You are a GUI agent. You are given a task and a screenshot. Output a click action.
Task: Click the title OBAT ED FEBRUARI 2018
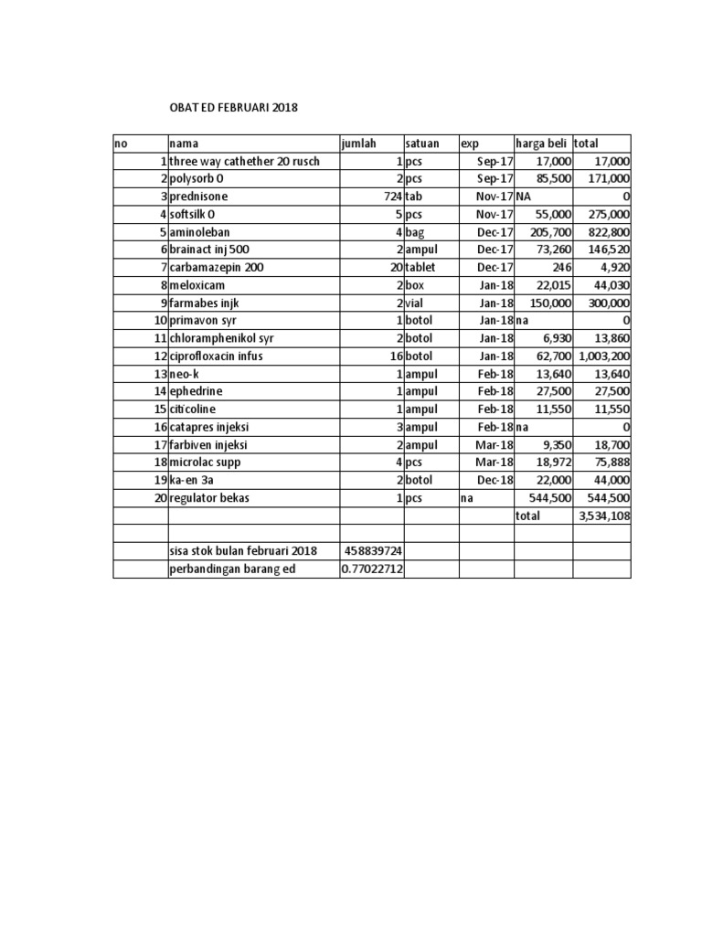233,108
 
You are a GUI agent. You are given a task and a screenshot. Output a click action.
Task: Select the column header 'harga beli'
543,144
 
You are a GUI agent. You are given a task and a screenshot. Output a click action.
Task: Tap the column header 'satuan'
422,144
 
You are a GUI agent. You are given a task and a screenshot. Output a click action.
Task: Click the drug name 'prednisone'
198,197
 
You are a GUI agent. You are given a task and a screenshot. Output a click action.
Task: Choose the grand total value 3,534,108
603,516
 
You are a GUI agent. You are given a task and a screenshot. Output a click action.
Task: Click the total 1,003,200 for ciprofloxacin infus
603,356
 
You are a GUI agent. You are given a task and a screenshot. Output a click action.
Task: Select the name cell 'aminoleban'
200,232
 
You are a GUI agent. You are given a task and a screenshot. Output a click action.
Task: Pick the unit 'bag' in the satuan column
417,232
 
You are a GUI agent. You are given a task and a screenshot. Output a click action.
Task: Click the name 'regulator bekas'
209,498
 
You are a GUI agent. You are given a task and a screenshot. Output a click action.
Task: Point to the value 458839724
373,551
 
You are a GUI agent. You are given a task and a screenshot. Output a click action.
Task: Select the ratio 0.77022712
373,569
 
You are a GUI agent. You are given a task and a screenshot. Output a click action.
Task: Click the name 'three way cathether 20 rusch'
239,161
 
